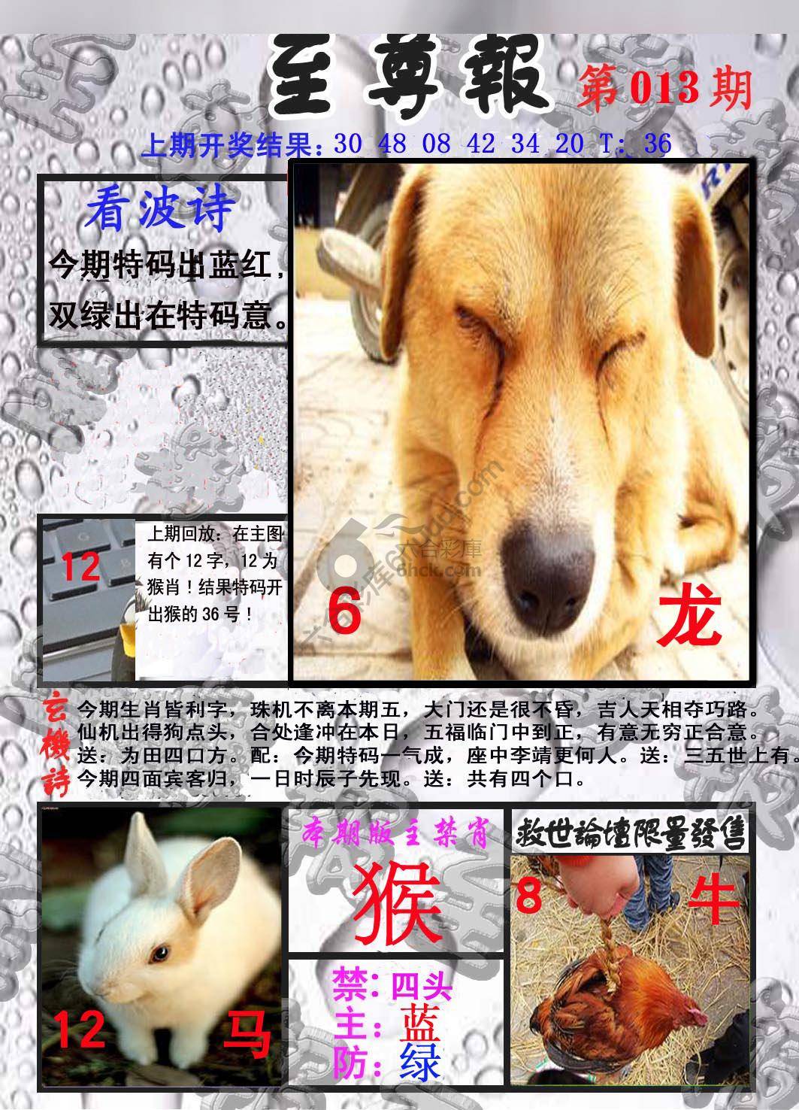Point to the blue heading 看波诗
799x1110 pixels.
pyautogui.click(x=159, y=210)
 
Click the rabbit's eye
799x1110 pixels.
pyautogui.click(x=159, y=954)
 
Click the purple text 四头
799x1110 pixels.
pyautogui.click(x=421, y=984)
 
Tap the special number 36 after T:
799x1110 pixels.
pyautogui.click(x=657, y=144)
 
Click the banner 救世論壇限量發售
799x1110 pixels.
pyautogui.click(x=630, y=832)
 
